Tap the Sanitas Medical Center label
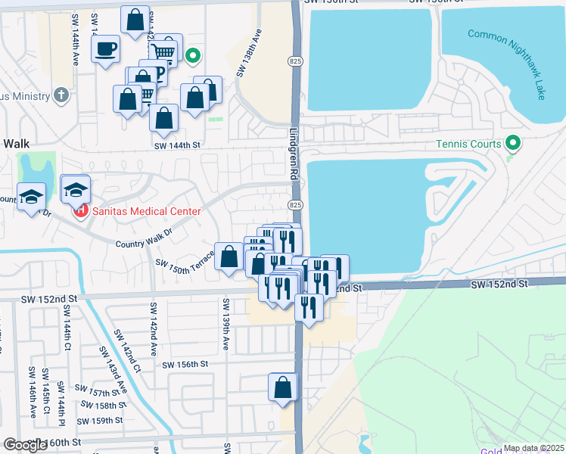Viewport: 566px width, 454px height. (147, 212)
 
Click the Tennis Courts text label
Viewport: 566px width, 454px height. (468, 144)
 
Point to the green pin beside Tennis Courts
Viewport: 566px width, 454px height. (512, 142)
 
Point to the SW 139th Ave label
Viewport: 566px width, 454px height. (225, 324)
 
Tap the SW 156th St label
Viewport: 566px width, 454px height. (185, 364)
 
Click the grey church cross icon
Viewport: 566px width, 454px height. (61, 95)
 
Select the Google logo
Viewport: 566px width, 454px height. (25, 445)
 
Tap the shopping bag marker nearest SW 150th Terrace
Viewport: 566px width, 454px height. (229, 257)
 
